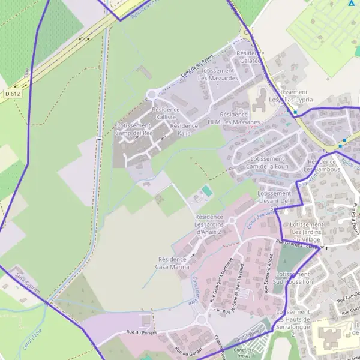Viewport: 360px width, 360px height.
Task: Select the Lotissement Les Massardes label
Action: coord(218,74)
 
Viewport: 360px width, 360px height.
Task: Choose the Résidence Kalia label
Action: coord(184,129)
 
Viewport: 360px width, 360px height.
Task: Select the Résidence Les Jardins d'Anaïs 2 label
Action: coord(209,223)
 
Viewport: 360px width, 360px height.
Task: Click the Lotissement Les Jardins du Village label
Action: coord(307,231)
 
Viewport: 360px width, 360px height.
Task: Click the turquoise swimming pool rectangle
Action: coord(207,191)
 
